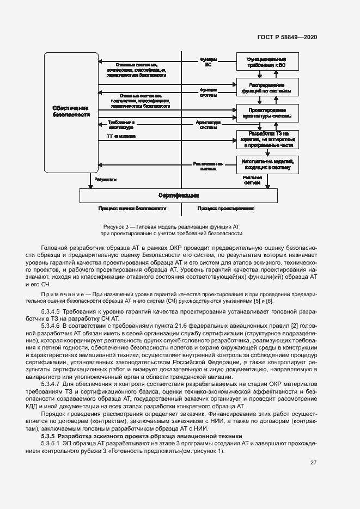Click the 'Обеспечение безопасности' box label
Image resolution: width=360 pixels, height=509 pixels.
click(68, 112)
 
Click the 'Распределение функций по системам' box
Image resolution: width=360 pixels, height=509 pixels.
click(267, 88)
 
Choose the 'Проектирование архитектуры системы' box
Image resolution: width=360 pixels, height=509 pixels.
click(267, 113)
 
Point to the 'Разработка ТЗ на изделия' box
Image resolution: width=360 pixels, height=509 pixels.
click(267, 139)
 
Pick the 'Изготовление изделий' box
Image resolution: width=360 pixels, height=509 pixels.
click(267, 164)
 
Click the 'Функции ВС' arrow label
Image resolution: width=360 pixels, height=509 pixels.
click(208, 62)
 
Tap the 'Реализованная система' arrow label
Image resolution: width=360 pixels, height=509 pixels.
click(208, 165)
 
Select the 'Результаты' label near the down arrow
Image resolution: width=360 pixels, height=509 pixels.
click(105, 179)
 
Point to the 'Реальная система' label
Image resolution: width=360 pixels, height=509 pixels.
click(252, 180)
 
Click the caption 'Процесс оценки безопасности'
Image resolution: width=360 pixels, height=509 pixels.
click(132, 208)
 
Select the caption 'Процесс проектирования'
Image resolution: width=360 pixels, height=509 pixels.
click(226, 208)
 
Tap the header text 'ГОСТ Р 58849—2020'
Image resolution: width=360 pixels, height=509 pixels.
click(286, 38)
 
